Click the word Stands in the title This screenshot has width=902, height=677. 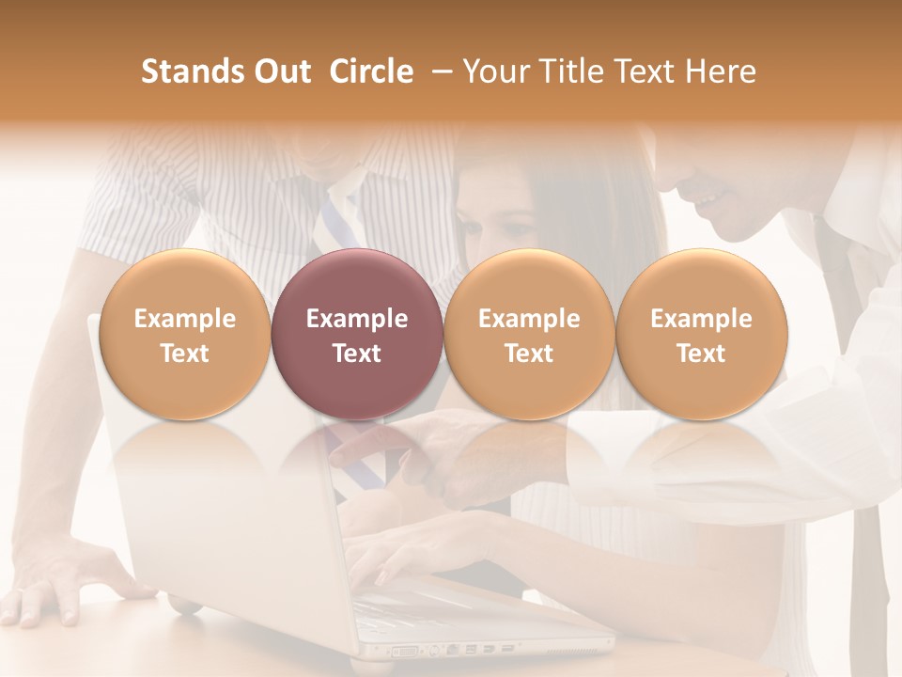187,71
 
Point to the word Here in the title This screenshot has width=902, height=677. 722,71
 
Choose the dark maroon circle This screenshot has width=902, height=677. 356,334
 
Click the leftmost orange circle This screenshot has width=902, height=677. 184,334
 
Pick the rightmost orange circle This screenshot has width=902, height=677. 701,334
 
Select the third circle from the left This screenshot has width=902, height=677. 529,334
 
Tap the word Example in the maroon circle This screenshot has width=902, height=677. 356,319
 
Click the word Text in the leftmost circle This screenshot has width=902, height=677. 184,354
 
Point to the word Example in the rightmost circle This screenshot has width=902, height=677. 701,319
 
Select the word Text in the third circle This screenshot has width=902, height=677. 529,354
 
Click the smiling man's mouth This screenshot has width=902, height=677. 712,199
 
